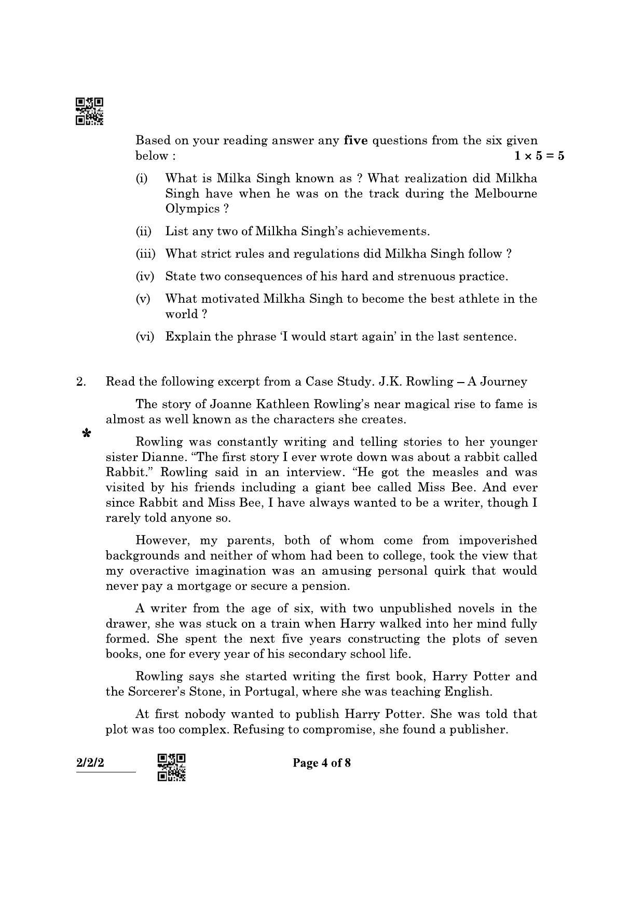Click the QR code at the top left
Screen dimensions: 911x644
point(89,111)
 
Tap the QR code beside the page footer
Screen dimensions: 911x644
point(171,767)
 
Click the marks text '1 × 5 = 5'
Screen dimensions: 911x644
point(539,156)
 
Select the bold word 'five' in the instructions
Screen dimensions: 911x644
point(355,140)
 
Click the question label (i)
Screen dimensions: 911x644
point(142,179)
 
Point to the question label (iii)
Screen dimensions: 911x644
point(145,254)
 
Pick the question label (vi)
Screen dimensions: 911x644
point(145,337)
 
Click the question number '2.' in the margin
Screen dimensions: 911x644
point(81,382)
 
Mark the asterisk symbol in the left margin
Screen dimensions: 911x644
point(87,433)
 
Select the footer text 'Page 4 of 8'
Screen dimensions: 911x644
point(322,763)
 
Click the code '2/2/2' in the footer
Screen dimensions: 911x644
point(90,763)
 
